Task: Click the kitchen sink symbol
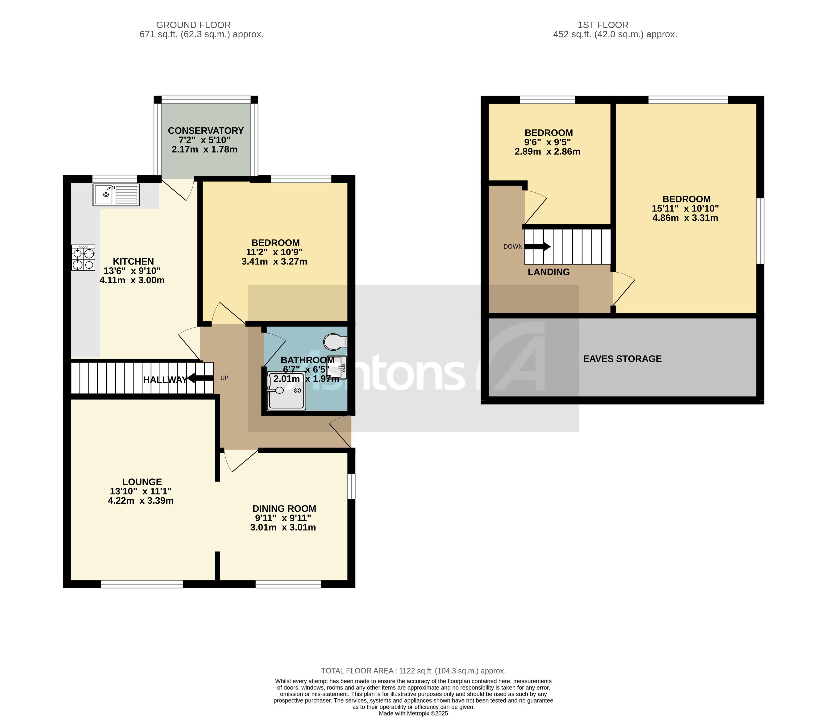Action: point(116,195)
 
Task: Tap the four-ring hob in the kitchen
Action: point(83,258)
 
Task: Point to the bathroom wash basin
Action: point(337,367)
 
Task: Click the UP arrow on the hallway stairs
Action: point(200,378)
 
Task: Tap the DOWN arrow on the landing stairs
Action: point(537,246)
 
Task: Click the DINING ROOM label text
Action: point(284,509)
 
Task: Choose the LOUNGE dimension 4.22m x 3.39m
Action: point(141,501)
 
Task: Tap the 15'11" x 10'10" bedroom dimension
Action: point(685,208)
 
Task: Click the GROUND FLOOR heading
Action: point(193,25)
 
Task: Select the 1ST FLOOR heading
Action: point(603,25)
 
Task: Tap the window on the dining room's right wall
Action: point(351,486)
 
